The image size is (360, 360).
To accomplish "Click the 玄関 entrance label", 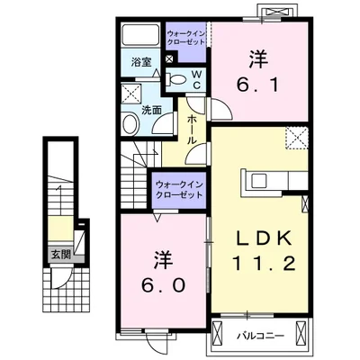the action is click(61, 255).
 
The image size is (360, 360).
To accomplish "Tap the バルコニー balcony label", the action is click(260, 336).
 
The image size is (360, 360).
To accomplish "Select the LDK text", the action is click(264, 238).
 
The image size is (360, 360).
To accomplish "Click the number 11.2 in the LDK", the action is click(264, 265).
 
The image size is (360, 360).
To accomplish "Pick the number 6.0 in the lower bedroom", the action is click(164, 285).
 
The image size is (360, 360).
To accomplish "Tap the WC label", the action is click(197, 79).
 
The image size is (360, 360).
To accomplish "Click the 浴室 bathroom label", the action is click(141, 63).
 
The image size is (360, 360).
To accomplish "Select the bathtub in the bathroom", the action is click(140, 35).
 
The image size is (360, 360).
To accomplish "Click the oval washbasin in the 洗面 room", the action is click(130, 123).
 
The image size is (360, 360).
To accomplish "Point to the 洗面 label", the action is click(151, 111).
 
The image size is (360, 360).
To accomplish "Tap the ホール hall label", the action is click(192, 130).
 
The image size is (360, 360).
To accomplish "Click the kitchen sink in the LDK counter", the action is click(259, 181).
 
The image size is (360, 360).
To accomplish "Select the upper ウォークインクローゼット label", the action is click(186, 37).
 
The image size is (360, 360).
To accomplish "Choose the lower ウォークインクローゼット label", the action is click(179, 189).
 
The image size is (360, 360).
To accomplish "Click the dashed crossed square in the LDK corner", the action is click(297, 138).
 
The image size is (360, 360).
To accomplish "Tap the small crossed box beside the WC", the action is click(169, 58).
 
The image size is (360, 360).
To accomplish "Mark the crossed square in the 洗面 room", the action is click(131, 94).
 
